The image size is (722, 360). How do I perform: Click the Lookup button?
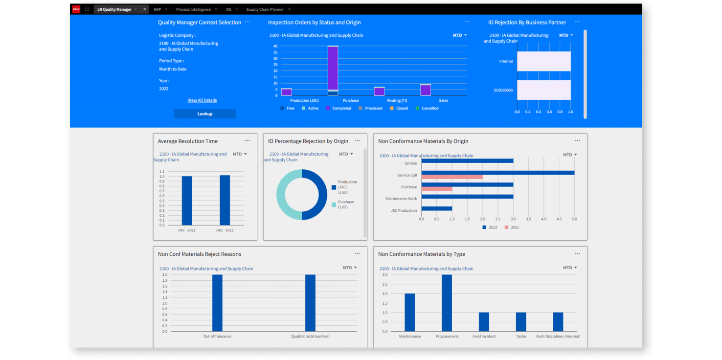pos(204,114)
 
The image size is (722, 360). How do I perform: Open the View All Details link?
pos(202,100)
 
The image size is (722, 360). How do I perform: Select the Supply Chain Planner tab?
pos(265,9)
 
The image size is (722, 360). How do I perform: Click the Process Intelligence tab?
pos(193,9)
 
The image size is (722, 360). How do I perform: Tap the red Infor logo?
pos(76,9)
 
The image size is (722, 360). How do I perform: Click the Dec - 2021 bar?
pos(187,200)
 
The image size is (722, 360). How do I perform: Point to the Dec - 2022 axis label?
pos(225,230)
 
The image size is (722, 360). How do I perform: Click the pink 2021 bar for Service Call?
pos(451,177)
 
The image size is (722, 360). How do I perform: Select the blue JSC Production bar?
pos(436,208)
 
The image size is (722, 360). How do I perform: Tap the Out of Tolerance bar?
pos(217,303)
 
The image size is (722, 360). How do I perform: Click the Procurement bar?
pos(447,303)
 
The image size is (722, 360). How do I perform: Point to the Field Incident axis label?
pos(484,337)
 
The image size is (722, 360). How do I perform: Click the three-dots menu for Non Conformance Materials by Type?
pos(577,253)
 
